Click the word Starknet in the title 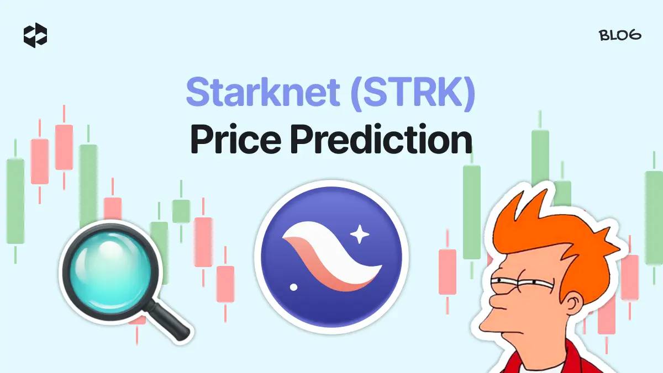click(x=263, y=92)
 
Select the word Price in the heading click(x=236, y=139)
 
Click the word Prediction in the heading click(x=381, y=138)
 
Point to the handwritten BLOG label click(x=620, y=35)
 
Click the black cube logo click(x=35, y=35)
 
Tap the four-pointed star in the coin click(x=360, y=234)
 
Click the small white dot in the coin click(x=293, y=287)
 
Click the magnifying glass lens click(x=110, y=271)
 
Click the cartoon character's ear click(x=573, y=303)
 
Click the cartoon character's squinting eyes click(x=522, y=283)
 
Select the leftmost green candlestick click(x=15, y=201)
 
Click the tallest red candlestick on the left click(x=64, y=147)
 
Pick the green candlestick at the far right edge click(x=654, y=217)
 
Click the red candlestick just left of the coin click(x=225, y=284)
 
